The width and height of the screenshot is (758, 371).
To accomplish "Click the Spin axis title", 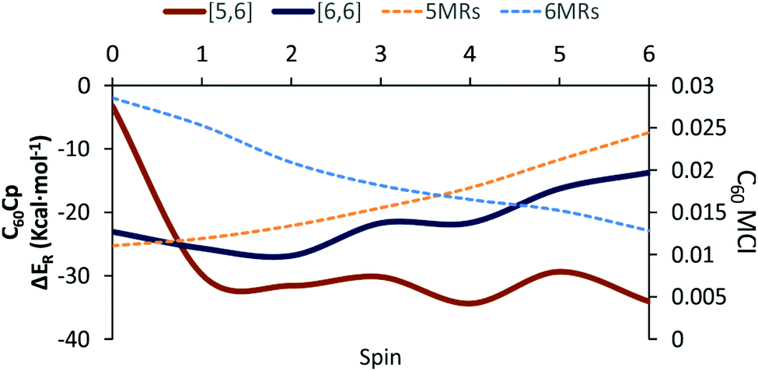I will tap(380, 359).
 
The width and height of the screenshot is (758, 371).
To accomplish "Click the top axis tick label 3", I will tap(380, 55).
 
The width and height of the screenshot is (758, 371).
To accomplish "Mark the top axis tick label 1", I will tap(202, 55).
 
